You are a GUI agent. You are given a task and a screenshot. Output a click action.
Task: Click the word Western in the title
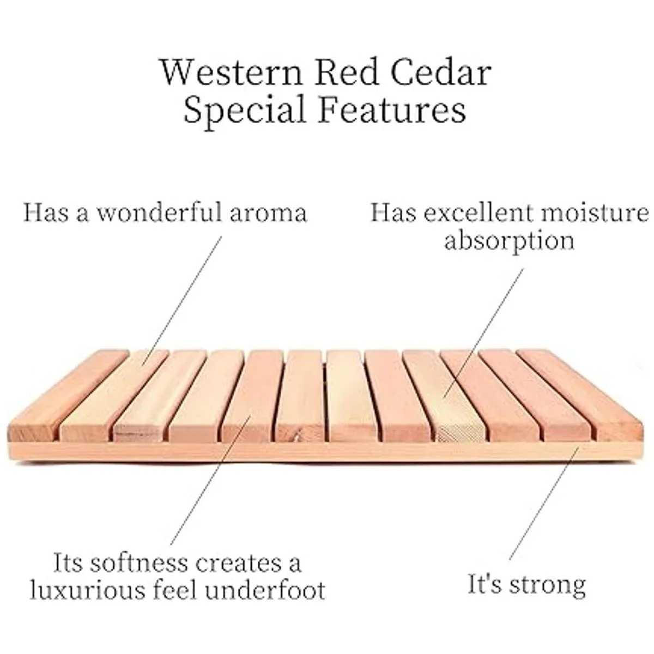(232, 72)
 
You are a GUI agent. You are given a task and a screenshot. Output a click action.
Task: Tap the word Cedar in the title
(441, 72)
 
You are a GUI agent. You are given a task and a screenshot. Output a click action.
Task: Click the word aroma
(269, 214)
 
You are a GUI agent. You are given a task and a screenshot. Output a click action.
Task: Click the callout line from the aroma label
(182, 301)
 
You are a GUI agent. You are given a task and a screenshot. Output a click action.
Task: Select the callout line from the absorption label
(483, 333)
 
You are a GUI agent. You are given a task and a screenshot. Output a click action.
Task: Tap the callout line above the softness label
(210, 480)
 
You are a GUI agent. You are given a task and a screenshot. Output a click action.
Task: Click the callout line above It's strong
(544, 504)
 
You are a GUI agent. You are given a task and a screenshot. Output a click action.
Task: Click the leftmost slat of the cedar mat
(68, 396)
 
